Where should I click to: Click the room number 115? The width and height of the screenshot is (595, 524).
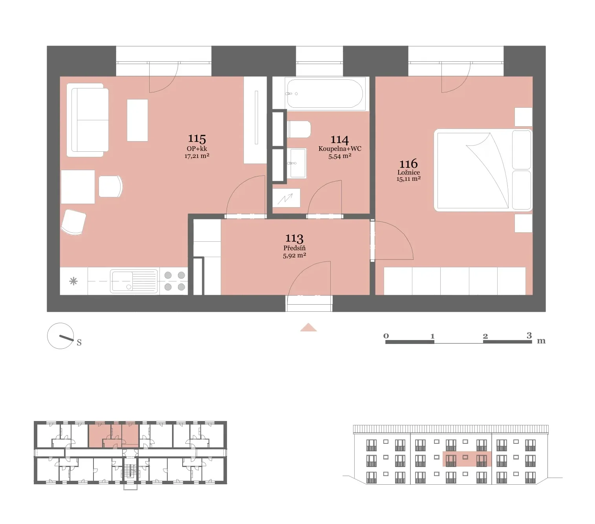pyautogui.click(x=197, y=138)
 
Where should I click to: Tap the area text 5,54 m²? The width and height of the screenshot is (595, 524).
pyautogui.click(x=340, y=156)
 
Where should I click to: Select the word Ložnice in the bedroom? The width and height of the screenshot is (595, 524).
pyautogui.click(x=408, y=173)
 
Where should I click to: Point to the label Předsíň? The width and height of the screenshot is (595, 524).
pyautogui.click(x=294, y=248)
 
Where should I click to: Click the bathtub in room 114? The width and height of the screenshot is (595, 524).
pyautogui.click(x=324, y=94)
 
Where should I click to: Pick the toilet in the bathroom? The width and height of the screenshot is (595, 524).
pyautogui.click(x=298, y=129)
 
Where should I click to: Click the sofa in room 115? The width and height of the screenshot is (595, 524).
pyautogui.click(x=88, y=120)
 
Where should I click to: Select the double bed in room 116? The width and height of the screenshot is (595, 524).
pyautogui.click(x=483, y=170)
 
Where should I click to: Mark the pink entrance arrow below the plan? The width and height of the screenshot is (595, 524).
pyautogui.click(x=308, y=327)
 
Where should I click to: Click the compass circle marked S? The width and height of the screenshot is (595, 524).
pyautogui.click(x=60, y=336)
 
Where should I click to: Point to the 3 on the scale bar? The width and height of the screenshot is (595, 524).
pyautogui.click(x=529, y=335)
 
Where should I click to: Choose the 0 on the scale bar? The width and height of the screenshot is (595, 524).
pyautogui.click(x=386, y=336)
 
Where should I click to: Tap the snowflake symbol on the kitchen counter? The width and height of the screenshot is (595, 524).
pyautogui.click(x=73, y=281)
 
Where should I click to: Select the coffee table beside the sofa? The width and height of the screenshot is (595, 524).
pyautogui.click(x=137, y=120)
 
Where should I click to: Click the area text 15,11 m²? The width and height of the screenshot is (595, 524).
pyautogui.click(x=408, y=179)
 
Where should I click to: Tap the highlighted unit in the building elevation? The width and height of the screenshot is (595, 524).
pyautogui.click(x=467, y=459)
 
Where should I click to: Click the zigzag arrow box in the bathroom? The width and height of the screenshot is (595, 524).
pyautogui.click(x=286, y=198)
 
